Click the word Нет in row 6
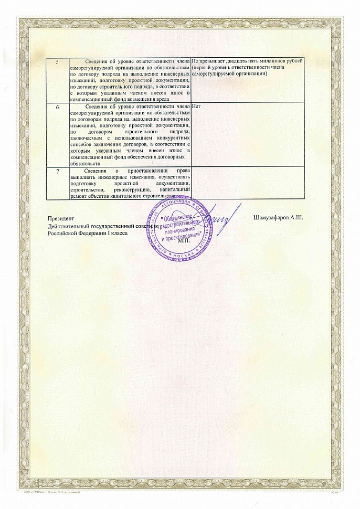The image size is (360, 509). pos(197,107)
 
